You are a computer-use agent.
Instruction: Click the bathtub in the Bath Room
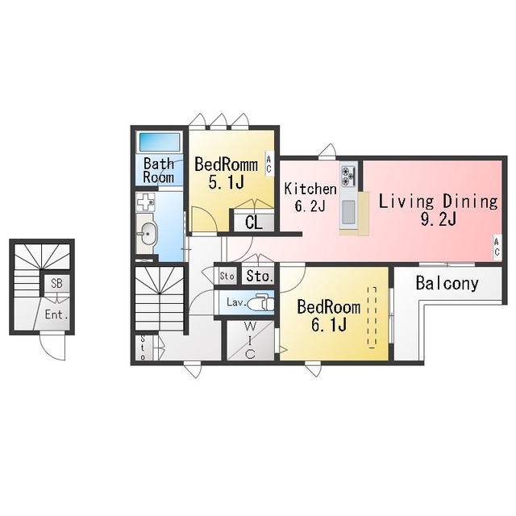160,142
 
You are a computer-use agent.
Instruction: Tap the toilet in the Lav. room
260,303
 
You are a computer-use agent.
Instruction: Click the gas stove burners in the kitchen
348,176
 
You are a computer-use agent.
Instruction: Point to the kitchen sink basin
348,212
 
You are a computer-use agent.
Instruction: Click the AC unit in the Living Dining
497,248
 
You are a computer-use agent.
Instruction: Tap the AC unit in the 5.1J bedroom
268,164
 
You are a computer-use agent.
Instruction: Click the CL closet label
254,223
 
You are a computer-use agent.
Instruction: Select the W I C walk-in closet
250,340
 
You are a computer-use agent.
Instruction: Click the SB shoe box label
56,283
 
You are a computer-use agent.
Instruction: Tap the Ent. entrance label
56,315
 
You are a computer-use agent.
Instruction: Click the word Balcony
447,284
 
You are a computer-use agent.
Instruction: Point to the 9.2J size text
439,218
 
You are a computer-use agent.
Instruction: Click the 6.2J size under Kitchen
310,206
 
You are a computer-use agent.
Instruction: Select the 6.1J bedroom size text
329,325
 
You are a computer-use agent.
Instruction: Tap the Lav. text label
236,302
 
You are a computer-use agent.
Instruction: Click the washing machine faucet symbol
145,202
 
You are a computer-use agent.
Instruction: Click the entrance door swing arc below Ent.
52,349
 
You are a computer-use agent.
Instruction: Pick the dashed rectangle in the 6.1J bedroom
372,317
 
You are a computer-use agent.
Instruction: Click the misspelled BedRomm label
226,164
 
